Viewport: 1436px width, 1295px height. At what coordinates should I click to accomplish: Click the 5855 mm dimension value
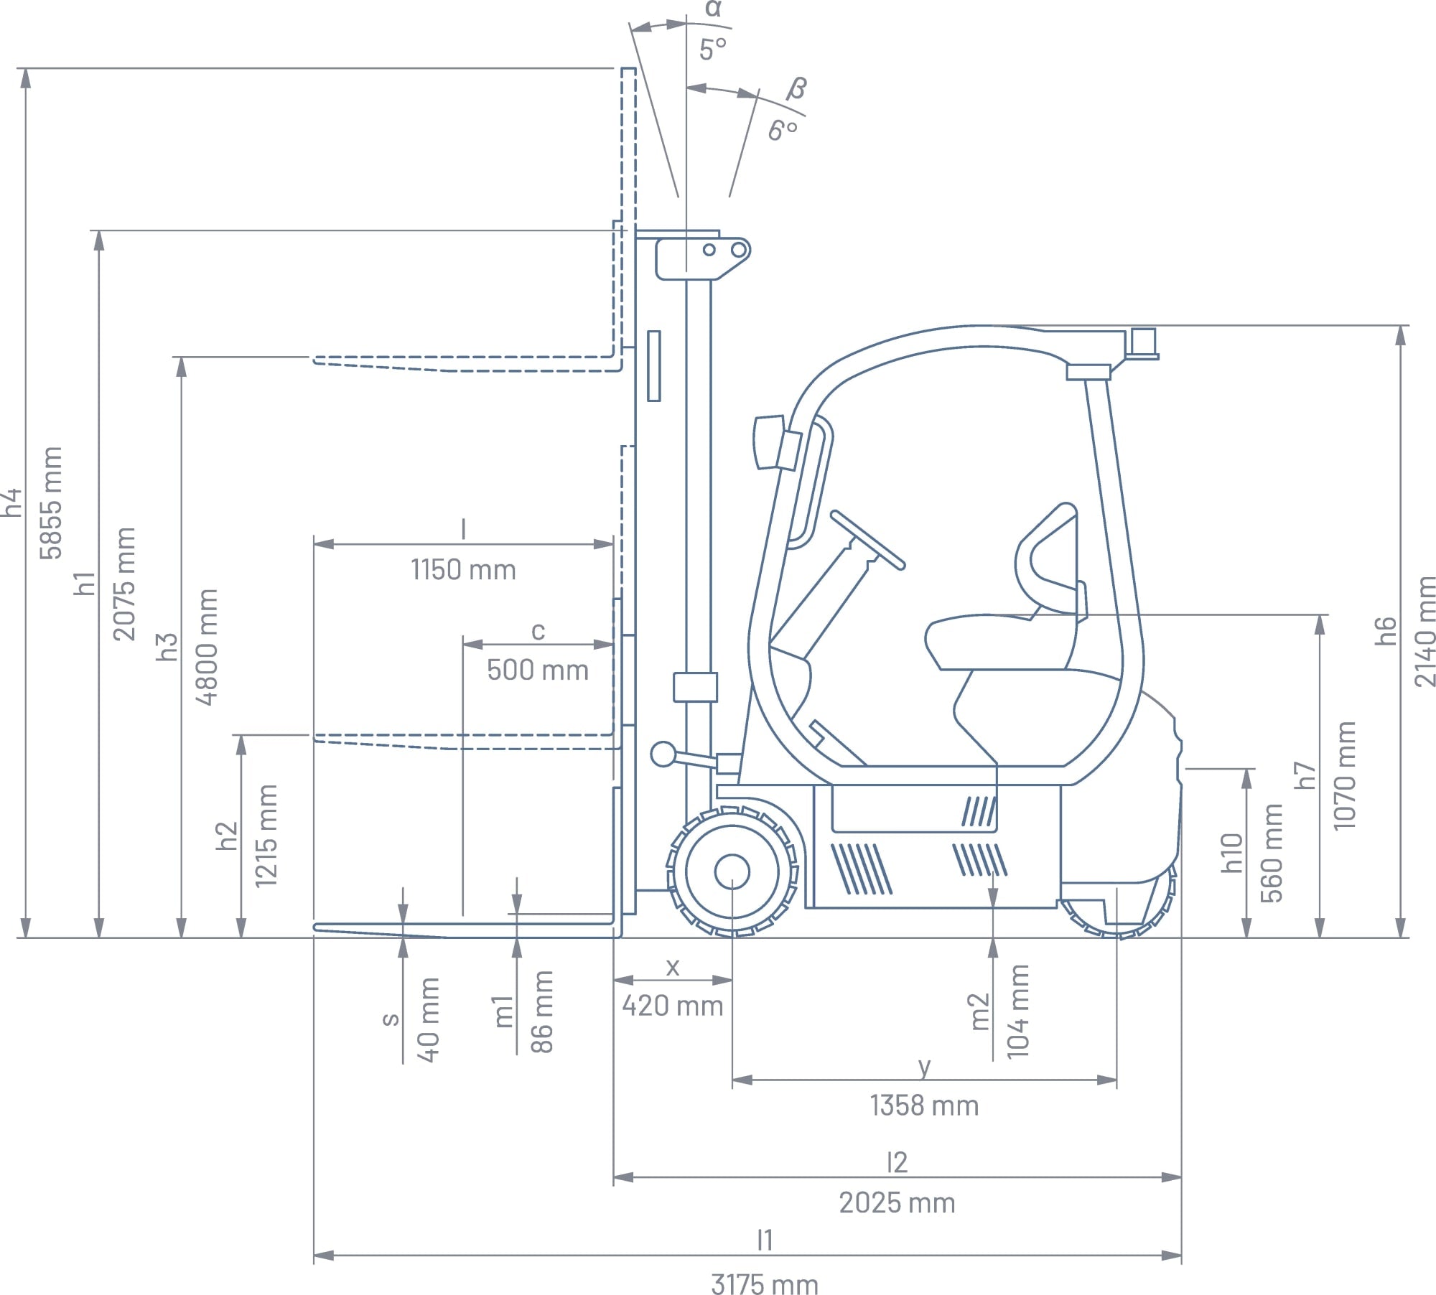click(x=52, y=502)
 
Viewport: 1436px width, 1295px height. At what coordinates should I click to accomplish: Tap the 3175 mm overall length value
click(x=765, y=1284)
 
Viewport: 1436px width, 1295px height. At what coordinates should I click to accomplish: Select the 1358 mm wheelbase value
click(x=924, y=1105)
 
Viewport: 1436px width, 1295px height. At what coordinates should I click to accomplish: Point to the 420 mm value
click(x=673, y=1006)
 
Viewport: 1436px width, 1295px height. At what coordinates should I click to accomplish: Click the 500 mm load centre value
click(x=538, y=670)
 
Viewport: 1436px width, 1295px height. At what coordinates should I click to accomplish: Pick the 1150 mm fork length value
click(x=463, y=570)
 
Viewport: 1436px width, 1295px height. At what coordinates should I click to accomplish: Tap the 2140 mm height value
click(x=1425, y=632)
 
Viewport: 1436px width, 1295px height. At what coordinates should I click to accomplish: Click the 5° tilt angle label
click(x=713, y=50)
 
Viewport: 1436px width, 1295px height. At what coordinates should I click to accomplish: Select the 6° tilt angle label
click(x=783, y=130)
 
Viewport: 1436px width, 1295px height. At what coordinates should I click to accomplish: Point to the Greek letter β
click(x=796, y=88)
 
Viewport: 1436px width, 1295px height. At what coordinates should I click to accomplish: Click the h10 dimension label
click(x=1232, y=853)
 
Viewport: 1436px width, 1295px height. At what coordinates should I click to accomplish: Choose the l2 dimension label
click(x=897, y=1162)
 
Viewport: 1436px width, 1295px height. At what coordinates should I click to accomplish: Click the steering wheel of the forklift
click(x=867, y=540)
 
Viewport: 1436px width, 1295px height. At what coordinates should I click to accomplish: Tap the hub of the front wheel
click(x=732, y=872)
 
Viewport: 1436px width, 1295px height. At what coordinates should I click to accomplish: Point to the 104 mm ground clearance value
click(x=1018, y=1011)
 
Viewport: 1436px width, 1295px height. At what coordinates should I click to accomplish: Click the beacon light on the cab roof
click(x=1142, y=343)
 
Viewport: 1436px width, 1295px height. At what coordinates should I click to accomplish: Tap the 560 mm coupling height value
click(x=1272, y=853)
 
